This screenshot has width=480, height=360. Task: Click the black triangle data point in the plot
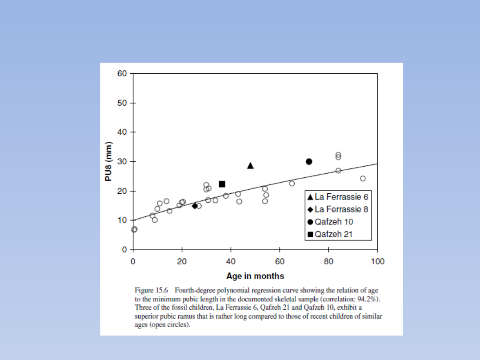(x=250, y=166)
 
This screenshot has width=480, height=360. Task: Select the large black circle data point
(x=309, y=161)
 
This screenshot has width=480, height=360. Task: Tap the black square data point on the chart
(x=222, y=184)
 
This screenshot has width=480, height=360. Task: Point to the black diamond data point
(x=195, y=205)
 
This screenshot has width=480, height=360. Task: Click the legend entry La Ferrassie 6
(x=338, y=197)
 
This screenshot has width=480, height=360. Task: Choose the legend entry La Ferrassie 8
(x=338, y=209)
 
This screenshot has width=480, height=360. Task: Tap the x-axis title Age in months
(x=255, y=276)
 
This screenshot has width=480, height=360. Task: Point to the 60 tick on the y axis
(x=122, y=74)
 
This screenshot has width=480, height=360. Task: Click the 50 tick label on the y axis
(x=122, y=103)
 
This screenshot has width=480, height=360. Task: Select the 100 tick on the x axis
(x=377, y=262)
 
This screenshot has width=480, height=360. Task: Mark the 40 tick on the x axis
(x=231, y=262)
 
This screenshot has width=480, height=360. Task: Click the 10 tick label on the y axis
(x=122, y=220)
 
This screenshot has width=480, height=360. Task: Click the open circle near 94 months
(x=363, y=178)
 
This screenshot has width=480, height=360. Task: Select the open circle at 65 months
(x=292, y=184)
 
